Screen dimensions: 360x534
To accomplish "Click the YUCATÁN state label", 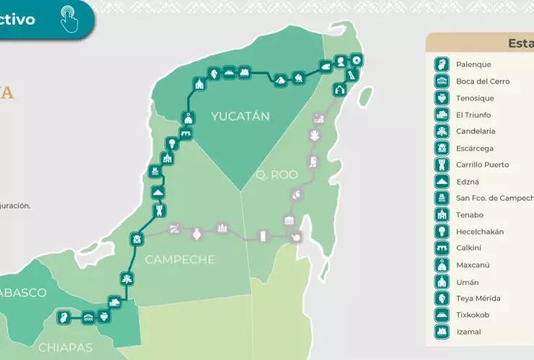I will click(x=240, y=116).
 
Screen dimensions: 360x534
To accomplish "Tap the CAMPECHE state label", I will click(x=180, y=259).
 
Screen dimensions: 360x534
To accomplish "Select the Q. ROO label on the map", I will click(x=276, y=175).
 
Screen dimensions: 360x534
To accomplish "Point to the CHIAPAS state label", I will click(x=65, y=348).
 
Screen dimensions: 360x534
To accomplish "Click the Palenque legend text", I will click(x=473, y=65).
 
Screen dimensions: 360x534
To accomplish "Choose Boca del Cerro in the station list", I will click(x=483, y=82).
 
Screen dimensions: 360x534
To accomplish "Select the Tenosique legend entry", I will click(x=476, y=98).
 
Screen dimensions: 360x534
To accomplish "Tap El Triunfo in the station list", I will click(x=473, y=115).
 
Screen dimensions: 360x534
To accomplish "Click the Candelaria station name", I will click(x=476, y=131).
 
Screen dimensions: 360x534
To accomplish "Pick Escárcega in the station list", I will click(x=475, y=148).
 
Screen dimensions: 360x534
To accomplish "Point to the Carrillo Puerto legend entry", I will click(x=482, y=164).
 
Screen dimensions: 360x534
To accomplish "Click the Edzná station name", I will click(x=468, y=182).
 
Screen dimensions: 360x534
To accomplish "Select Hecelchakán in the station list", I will click(x=480, y=232).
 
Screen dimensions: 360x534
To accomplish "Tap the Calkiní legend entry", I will click(x=470, y=248).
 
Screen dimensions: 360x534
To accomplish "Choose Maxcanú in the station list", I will click(x=473, y=265).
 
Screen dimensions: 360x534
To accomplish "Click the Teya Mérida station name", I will click(x=478, y=298).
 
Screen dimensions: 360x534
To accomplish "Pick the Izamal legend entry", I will click(x=468, y=332).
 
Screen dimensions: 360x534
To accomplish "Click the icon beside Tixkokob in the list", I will click(x=442, y=315).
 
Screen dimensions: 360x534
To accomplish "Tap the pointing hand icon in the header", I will click(x=68, y=20).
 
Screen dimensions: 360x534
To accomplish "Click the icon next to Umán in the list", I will click(x=442, y=282).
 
